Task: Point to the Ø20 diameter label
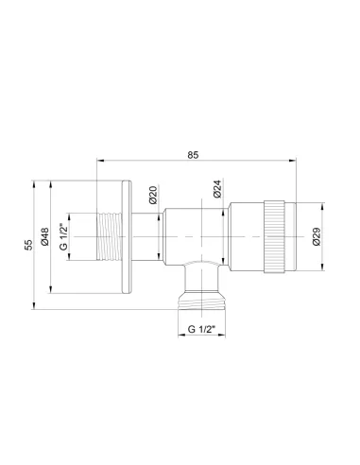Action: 152,195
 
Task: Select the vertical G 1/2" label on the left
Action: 64,234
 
